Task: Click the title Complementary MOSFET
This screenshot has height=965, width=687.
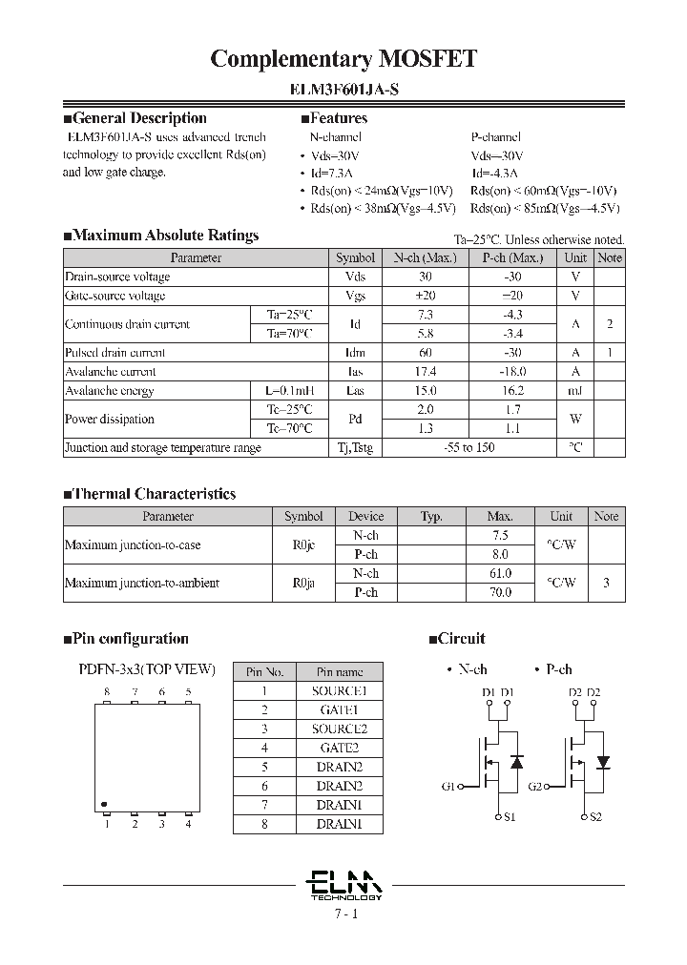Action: coord(343,59)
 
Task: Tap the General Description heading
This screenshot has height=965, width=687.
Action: coord(135,118)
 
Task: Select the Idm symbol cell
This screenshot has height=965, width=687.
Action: coord(355,353)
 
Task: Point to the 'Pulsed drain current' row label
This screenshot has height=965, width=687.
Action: coord(115,353)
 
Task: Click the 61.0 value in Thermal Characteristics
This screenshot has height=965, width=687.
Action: coord(499,573)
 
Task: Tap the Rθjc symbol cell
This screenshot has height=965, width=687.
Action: coord(303,545)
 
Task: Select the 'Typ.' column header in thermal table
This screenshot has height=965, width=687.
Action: coord(431,517)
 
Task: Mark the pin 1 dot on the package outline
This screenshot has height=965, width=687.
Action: coord(104,803)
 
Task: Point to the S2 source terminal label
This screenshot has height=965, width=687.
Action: coord(595,817)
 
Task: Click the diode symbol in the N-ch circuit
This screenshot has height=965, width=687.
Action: coord(516,763)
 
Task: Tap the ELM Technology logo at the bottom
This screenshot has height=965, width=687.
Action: coord(345,884)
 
